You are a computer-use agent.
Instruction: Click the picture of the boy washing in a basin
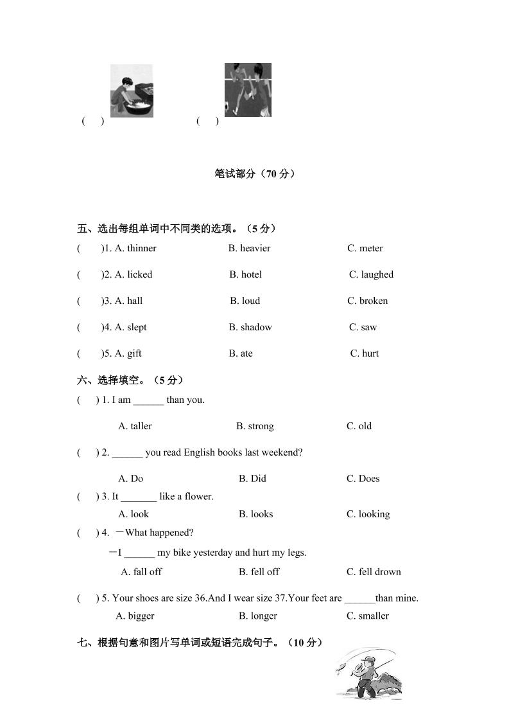coord(132,91)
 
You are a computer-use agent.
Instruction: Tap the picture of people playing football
coord(248,89)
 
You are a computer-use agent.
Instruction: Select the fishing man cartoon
coord(368,673)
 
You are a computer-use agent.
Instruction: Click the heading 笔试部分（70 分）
coord(255,174)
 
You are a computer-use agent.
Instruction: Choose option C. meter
coord(365,248)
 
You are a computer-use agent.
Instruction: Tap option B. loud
coord(245,301)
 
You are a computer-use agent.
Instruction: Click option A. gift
coord(128,353)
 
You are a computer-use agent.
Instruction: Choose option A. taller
coord(135,426)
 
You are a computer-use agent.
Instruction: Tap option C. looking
coord(368,514)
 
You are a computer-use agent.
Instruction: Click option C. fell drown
coord(374,572)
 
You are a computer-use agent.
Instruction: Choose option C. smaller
coord(368,616)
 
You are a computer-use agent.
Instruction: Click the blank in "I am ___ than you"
coord(148,400)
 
